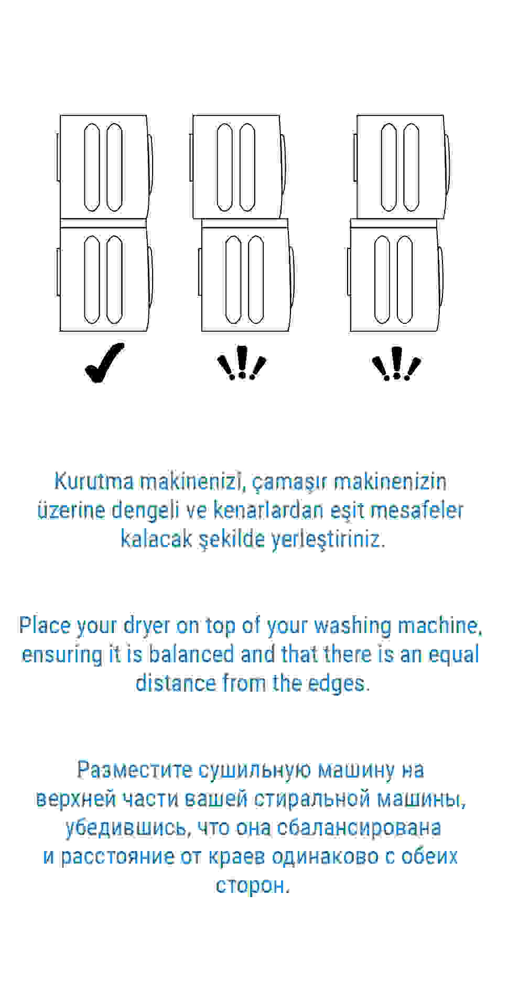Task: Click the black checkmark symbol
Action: [x=104, y=363]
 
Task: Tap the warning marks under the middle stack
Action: [x=241, y=363]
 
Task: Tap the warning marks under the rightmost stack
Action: [x=396, y=363]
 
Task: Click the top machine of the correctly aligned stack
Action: [x=104, y=167]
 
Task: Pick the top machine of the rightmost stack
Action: [x=401, y=167]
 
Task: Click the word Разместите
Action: [x=135, y=770]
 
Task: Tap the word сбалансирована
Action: [x=359, y=827]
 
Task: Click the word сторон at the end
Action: [x=253, y=885]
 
